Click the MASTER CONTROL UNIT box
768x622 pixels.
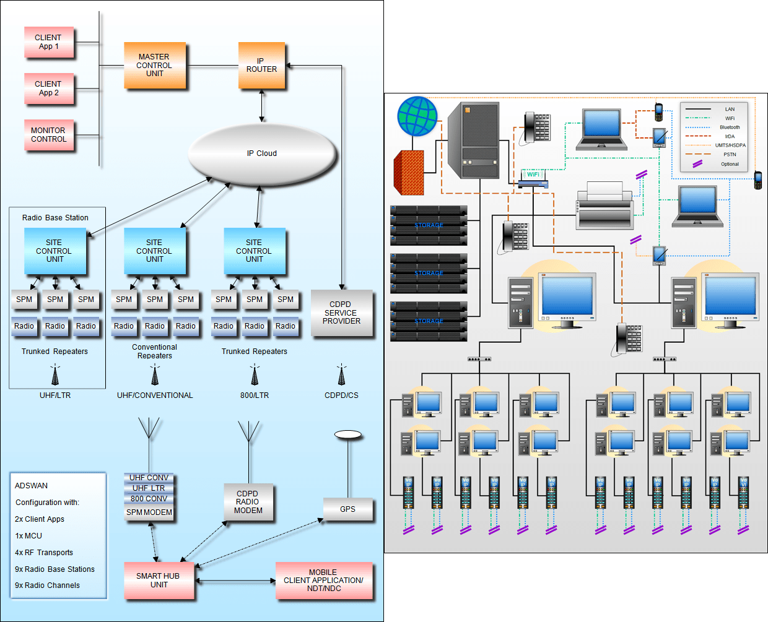pos(154,65)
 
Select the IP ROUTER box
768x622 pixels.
pos(261,66)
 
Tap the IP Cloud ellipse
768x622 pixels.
pos(262,153)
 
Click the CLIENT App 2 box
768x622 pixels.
pos(48,89)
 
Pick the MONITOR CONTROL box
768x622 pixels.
pos(48,135)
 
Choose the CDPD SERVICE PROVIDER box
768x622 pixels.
pos(341,313)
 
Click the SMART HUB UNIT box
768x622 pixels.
pos(159,581)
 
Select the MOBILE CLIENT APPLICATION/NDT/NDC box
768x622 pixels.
pos(323,581)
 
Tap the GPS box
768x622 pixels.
pos(347,509)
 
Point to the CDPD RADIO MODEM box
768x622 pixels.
pos(248,502)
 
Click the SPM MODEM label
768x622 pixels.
pos(149,512)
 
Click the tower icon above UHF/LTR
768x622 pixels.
pos(55,375)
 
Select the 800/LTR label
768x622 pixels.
pos(255,395)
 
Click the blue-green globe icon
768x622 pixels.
pos(417,116)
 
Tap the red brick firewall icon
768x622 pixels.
pos(409,173)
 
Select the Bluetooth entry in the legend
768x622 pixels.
pos(729,127)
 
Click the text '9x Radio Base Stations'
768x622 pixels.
pos(55,569)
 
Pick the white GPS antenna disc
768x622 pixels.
pos(347,435)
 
